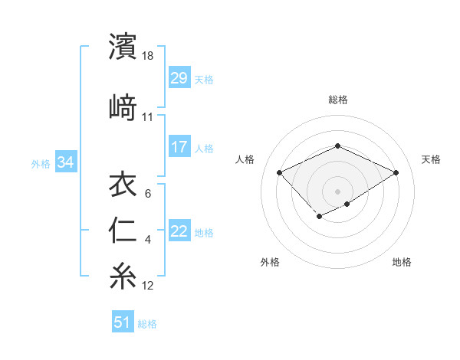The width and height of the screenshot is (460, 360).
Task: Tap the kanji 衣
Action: tap(123, 185)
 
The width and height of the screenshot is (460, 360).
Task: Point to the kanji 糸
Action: tap(123, 276)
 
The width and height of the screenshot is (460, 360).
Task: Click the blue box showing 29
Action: tap(179, 79)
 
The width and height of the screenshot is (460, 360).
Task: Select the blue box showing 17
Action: tap(179, 148)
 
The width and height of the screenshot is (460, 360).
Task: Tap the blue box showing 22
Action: tap(179, 232)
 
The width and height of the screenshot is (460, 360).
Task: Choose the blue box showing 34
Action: tap(65, 163)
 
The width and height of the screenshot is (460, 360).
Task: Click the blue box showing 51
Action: tap(123, 323)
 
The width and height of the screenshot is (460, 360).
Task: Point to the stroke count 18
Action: tap(149, 56)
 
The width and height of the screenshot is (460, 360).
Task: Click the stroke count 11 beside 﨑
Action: tap(148, 117)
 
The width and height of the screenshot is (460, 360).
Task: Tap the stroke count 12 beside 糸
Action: tap(148, 286)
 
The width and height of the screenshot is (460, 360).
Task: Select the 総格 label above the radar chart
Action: tap(338, 100)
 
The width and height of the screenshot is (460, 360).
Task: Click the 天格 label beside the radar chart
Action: tap(431, 159)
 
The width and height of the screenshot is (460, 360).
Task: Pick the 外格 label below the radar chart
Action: tap(270, 262)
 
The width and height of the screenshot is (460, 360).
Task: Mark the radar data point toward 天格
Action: tap(396, 172)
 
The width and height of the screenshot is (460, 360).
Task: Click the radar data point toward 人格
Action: tap(280, 172)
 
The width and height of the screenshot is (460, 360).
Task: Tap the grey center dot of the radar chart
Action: tap(338, 191)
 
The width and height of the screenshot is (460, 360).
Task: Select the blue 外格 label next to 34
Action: tap(40, 164)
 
